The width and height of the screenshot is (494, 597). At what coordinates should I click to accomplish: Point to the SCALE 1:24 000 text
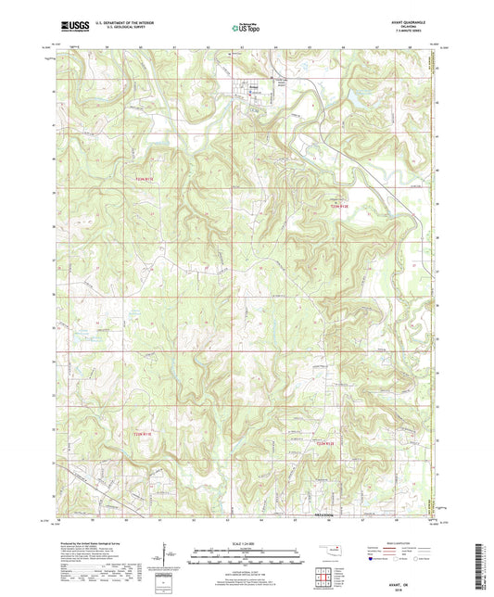coord(247,525)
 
